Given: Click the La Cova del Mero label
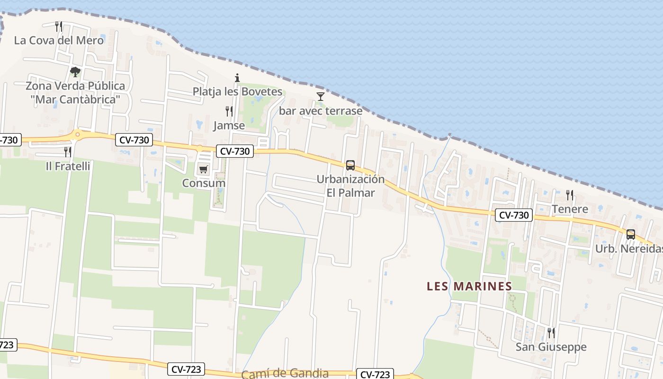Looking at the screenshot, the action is pos(59,40).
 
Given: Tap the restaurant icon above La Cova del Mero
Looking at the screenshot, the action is pos(59,26).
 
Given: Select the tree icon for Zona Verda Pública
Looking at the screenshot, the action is pos(75,72).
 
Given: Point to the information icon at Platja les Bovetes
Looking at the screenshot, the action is pos(237,78).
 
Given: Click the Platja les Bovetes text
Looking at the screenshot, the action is pos(237,91).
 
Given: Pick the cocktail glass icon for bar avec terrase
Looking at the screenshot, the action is pos(321,97).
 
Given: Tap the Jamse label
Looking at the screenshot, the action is pos(229,126).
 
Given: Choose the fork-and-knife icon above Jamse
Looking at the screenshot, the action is pos(229,111).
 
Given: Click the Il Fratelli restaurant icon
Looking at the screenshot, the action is pos(68,152).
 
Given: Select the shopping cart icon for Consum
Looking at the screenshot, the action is pos(204,169).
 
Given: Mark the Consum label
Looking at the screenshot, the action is pos(204,183).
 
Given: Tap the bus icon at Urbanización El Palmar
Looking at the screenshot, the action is pos(350,165).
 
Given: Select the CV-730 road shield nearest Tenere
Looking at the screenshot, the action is pos(514,215).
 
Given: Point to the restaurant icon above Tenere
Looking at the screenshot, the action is pos(570,195).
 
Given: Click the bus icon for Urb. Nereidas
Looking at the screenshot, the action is pos(631,234).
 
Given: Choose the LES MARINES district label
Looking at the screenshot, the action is pos(469,286).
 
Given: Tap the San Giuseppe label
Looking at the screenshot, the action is pos(551,347).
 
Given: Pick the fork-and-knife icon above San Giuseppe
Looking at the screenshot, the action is pos(551,333).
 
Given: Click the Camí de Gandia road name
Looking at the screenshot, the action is pos(285,373).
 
